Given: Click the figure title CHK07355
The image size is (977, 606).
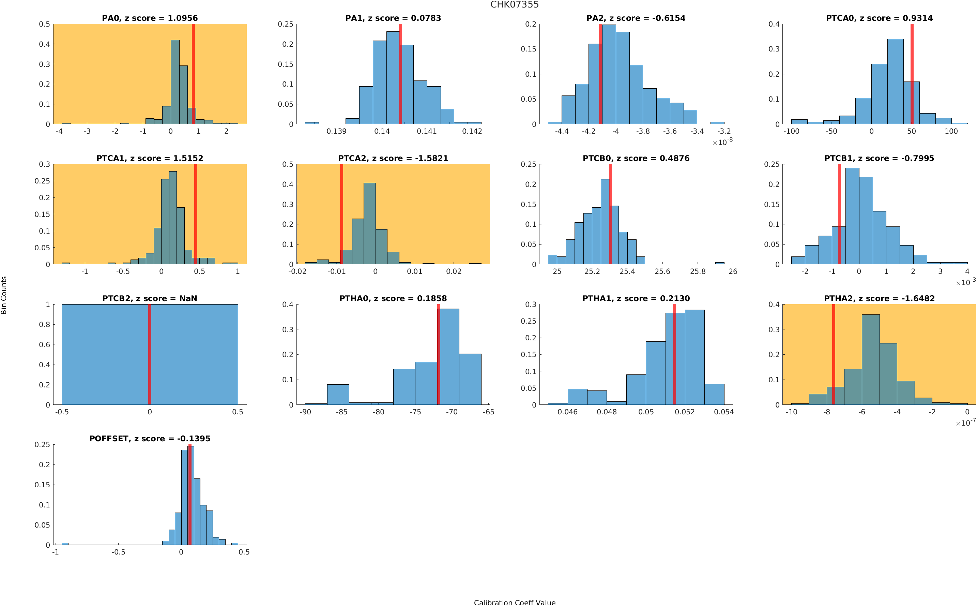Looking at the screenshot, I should tap(515, 5).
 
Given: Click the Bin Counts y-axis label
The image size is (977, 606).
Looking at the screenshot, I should tap(4, 295).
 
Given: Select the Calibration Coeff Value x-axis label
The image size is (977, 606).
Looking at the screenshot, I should tap(515, 602).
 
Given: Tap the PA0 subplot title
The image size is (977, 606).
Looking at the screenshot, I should tap(150, 18).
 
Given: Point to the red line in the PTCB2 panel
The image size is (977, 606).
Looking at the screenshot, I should tap(150, 354).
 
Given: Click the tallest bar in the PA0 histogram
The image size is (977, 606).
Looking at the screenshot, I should tap(175, 82).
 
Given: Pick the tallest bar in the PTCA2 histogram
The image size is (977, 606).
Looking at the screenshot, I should tap(370, 224).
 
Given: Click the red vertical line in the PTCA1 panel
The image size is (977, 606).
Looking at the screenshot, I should tap(196, 214).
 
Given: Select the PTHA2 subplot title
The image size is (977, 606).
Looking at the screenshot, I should tap(879, 299).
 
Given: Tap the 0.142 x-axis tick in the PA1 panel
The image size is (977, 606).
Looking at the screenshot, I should tap(472, 131).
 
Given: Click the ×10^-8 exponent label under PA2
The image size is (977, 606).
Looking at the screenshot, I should tap(722, 142).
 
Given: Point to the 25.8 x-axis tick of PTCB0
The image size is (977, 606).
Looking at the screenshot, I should tap(698, 272).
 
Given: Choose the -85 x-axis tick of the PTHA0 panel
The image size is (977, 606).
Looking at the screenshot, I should tap(341, 412).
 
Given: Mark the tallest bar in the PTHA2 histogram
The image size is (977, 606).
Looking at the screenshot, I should tap(870, 359).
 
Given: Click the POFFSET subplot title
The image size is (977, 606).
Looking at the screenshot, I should tap(150, 439).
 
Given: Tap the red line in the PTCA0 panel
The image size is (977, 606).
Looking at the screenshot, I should tap(912, 74).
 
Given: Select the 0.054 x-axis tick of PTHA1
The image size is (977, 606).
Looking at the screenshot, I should tap(724, 412).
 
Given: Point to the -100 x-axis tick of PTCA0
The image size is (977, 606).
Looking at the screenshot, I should tap(791, 131).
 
